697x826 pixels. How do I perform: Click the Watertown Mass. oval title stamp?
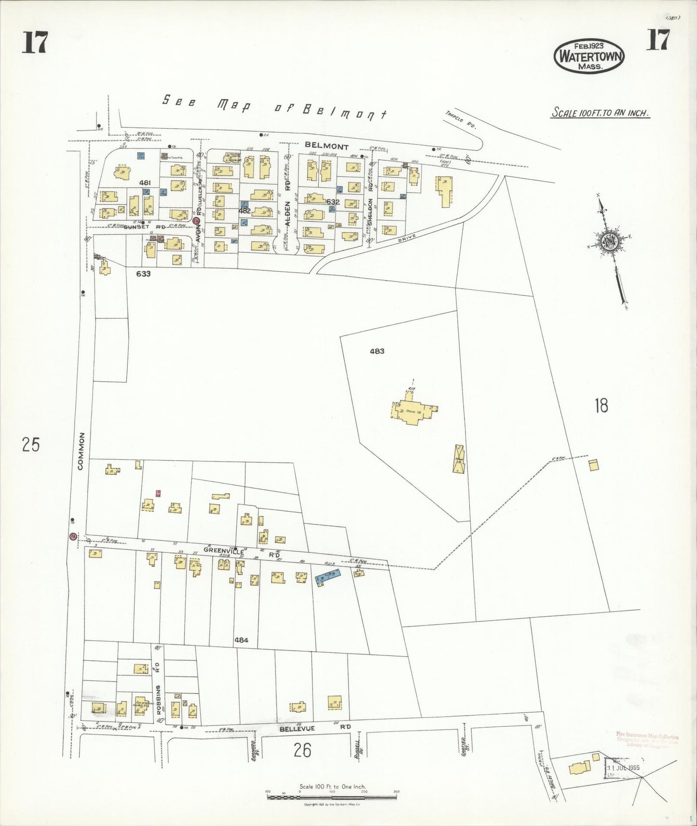pos(590,56)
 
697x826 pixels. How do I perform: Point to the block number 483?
pos(377,351)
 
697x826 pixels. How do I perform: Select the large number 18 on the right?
pos(601,406)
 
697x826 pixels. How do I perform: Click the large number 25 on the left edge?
pos(30,445)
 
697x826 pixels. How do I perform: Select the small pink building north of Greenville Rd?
pos(158,493)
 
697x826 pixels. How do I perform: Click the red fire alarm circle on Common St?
pos(73,536)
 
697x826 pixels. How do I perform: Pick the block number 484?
pos(241,640)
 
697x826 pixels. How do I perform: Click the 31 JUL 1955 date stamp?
pos(626,768)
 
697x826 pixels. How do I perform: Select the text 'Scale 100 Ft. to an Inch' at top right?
pos(601,114)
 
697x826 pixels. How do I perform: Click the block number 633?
pos(143,274)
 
